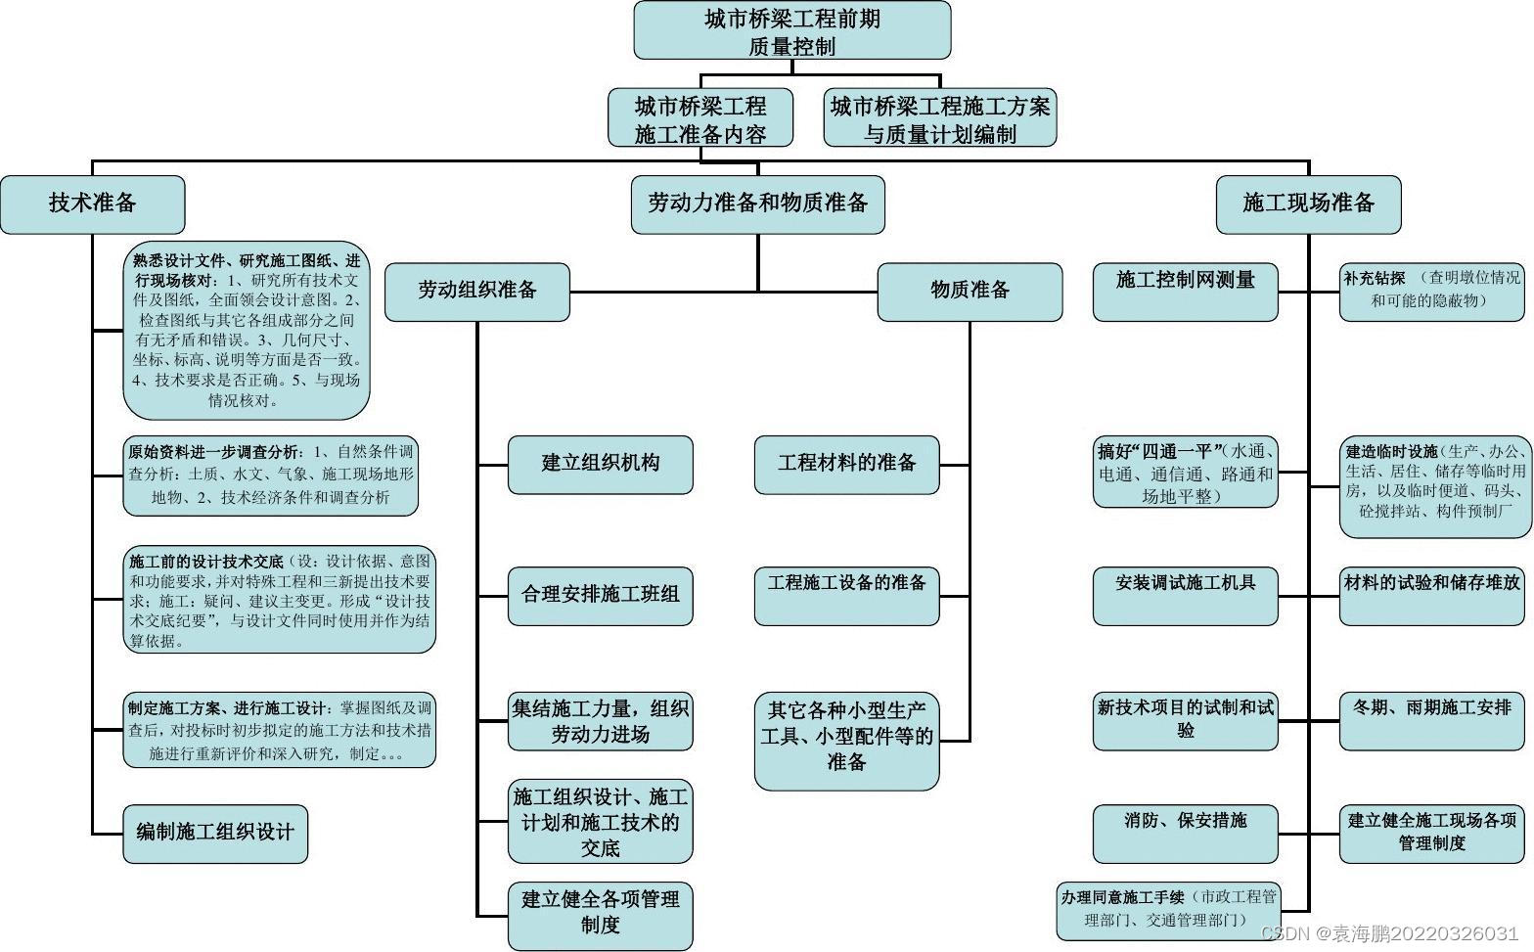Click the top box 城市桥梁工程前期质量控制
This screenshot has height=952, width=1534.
[791, 30]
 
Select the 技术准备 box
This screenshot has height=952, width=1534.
[92, 204]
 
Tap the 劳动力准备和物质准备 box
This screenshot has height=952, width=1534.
[757, 204]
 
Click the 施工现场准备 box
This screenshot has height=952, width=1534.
[1308, 204]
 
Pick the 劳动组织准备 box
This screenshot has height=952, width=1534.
[476, 292]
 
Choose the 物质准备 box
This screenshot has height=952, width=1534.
[970, 292]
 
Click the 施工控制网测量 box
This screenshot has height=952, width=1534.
[1185, 292]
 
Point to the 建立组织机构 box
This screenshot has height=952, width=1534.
[600, 465]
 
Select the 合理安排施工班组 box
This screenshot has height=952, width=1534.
[600, 596]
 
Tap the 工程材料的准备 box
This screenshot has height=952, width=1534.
[846, 465]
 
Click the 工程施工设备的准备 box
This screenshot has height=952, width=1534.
[846, 596]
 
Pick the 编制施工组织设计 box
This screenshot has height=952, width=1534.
[215, 834]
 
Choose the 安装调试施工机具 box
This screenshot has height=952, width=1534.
[1185, 596]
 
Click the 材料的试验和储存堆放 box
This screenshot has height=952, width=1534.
[1431, 596]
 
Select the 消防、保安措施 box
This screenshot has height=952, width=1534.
[1185, 834]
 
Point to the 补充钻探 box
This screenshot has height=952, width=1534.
[1431, 292]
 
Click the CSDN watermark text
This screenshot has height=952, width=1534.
[1390, 934]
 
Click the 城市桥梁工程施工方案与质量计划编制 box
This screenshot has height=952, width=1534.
[939, 118]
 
